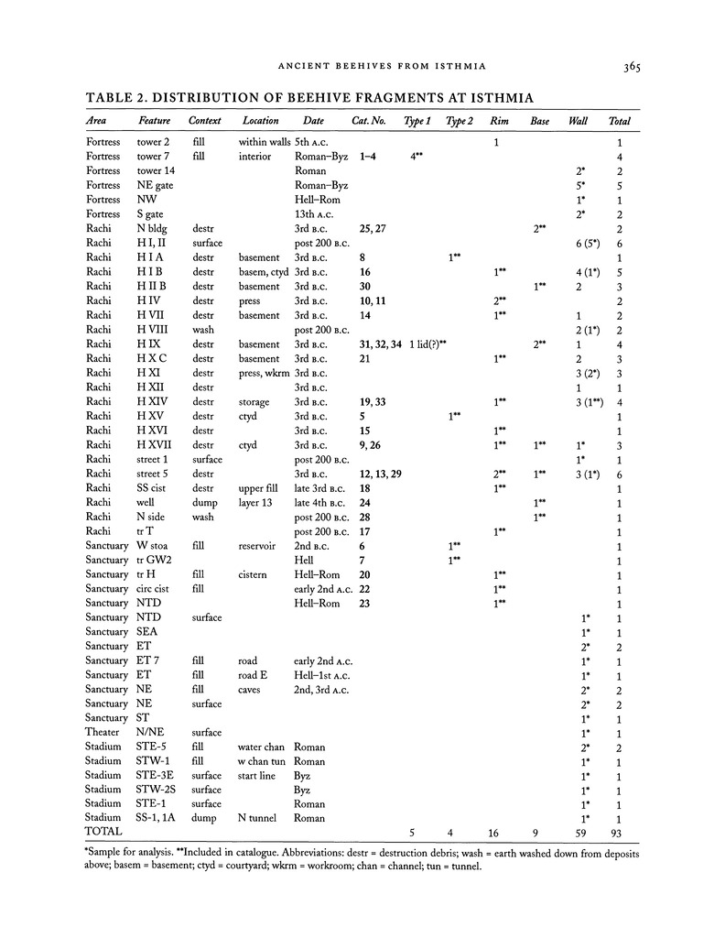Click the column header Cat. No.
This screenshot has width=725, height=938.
pos(369,121)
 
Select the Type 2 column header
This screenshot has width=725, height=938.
pos(460,121)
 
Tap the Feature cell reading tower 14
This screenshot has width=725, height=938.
pos(156,171)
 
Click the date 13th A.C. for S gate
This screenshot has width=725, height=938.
pos(317,214)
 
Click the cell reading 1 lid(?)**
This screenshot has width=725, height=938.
pos(427,344)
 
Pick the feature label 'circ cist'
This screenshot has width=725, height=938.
pos(157,588)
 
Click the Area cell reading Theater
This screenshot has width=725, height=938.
pos(103,732)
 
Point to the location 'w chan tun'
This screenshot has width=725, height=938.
pos(262,760)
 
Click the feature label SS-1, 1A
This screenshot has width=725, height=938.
pos(160,817)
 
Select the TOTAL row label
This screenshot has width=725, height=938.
pos(103,832)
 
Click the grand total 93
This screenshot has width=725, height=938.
pos(621,832)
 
